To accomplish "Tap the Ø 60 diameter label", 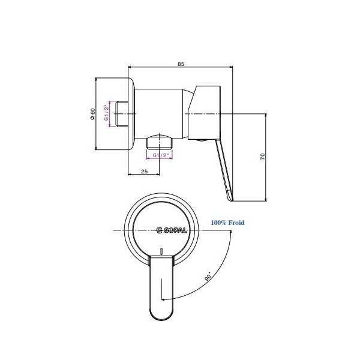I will point(92,113).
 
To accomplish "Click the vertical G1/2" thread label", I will point(107,113).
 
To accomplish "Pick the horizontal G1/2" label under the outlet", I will point(161,155).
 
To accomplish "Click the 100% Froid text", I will point(227,223).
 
